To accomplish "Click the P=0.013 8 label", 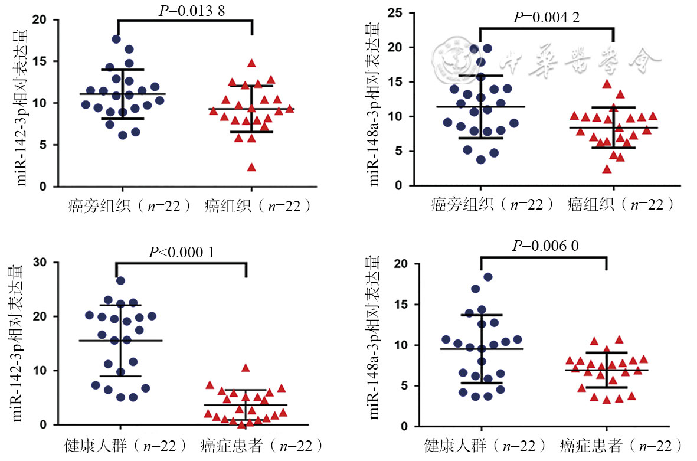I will (184, 10).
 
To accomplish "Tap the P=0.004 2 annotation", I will (547, 17).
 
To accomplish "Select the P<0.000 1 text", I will (181, 252).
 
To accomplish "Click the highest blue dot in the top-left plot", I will (116, 40).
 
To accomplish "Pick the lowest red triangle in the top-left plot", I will (251, 167).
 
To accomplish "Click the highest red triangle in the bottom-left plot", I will (246, 368).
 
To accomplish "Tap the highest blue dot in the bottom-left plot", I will (120, 281).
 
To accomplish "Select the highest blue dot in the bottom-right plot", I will (488, 277).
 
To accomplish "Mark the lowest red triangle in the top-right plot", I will (607, 169).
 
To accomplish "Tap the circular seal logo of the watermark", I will (450, 57).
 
